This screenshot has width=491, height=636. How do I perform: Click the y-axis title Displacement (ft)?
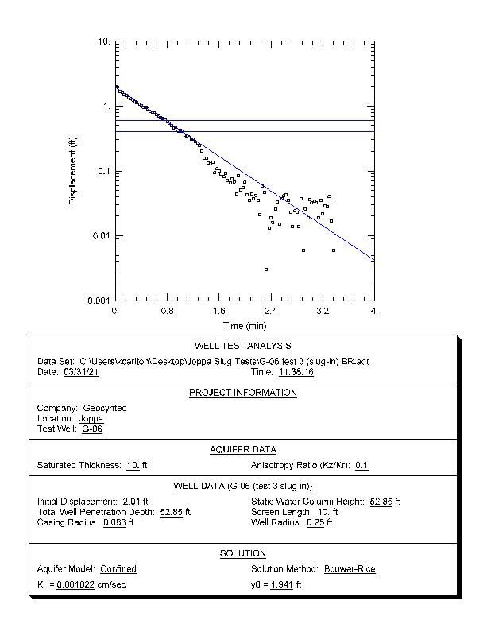72,171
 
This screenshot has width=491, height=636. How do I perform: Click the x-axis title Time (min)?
245,326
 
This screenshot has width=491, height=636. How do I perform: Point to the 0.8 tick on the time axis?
168,311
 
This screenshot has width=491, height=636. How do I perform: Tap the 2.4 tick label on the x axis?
271,311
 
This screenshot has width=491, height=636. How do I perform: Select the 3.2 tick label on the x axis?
322,311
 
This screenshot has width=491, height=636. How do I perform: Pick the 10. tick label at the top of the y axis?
103,41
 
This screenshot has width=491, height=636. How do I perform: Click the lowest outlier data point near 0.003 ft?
266,270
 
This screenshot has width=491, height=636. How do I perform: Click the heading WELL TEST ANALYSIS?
243,346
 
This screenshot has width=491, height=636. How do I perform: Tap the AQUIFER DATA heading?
243,449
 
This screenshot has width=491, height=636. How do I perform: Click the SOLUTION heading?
243,553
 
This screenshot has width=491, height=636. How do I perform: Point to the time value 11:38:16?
296,371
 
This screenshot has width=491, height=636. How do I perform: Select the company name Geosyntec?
105,408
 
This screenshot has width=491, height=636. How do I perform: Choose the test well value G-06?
92,429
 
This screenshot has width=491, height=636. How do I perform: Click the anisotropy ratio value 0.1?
361,465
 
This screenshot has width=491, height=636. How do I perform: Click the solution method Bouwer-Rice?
350,569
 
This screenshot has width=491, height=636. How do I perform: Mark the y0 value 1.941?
280,585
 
